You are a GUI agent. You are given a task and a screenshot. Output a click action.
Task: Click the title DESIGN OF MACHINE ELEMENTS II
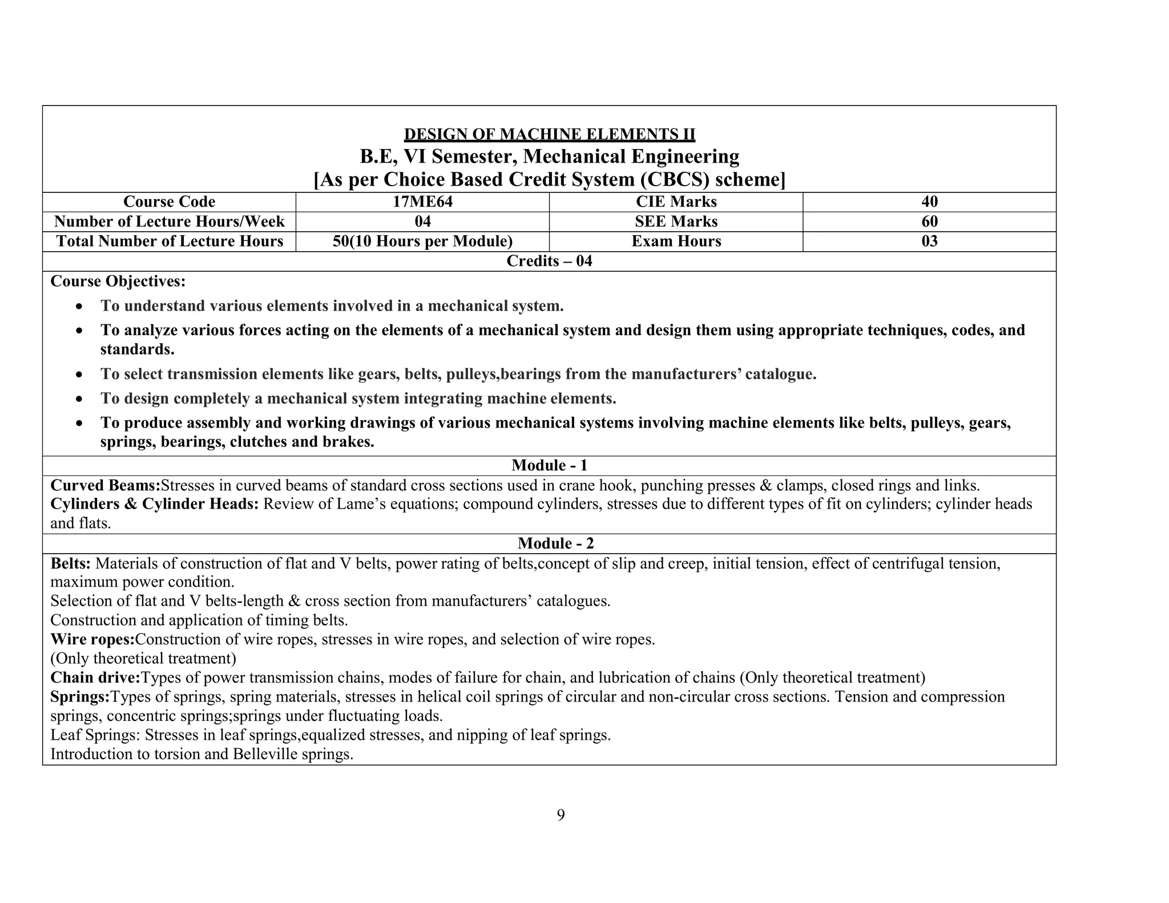[x=549, y=134]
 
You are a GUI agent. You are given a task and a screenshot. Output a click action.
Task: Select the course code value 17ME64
[x=422, y=201]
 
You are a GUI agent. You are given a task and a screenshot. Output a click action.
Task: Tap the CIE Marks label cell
[x=676, y=201]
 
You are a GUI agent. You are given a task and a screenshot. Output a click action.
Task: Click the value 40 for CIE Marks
[x=929, y=201]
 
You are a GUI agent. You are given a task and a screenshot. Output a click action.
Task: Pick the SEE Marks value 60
[x=929, y=221]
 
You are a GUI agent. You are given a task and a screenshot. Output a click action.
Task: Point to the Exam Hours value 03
[x=929, y=241]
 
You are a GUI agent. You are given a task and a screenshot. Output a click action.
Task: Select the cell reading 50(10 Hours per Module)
[x=422, y=241]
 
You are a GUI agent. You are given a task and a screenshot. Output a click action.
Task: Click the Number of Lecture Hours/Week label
[x=169, y=221]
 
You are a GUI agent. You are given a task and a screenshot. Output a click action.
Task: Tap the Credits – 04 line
[x=549, y=261]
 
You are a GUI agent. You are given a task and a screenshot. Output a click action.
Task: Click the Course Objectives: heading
[x=118, y=281]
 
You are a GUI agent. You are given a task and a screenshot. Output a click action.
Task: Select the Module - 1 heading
[x=549, y=465]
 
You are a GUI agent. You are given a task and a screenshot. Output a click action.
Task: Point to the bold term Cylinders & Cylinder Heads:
[x=155, y=504]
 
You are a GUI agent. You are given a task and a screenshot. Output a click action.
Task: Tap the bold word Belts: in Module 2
[x=71, y=563]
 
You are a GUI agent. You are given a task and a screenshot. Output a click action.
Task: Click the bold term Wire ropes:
[x=92, y=639]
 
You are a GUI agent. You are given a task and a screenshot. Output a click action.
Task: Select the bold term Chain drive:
[x=95, y=678]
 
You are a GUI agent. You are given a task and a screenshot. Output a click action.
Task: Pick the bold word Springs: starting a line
[x=80, y=696]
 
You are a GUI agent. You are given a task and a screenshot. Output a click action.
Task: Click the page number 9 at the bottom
[x=561, y=815]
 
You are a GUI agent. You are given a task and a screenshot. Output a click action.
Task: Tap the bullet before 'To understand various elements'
[x=80, y=307]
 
